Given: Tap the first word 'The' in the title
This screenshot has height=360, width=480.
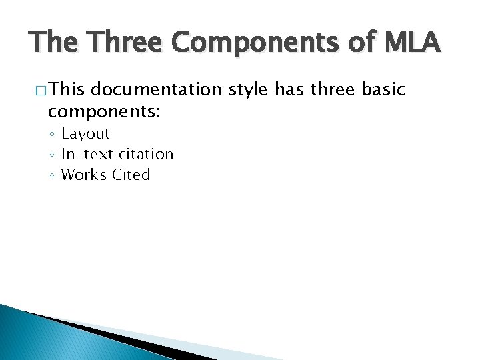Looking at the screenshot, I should [53, 43].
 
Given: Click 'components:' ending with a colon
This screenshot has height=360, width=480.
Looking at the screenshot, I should [103, 111].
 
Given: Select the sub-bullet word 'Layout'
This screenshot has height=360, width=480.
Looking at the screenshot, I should [85, 134].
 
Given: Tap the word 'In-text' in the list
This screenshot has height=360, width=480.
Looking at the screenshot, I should [86, 155].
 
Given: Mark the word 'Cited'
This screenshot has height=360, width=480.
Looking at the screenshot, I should [131, 175].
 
